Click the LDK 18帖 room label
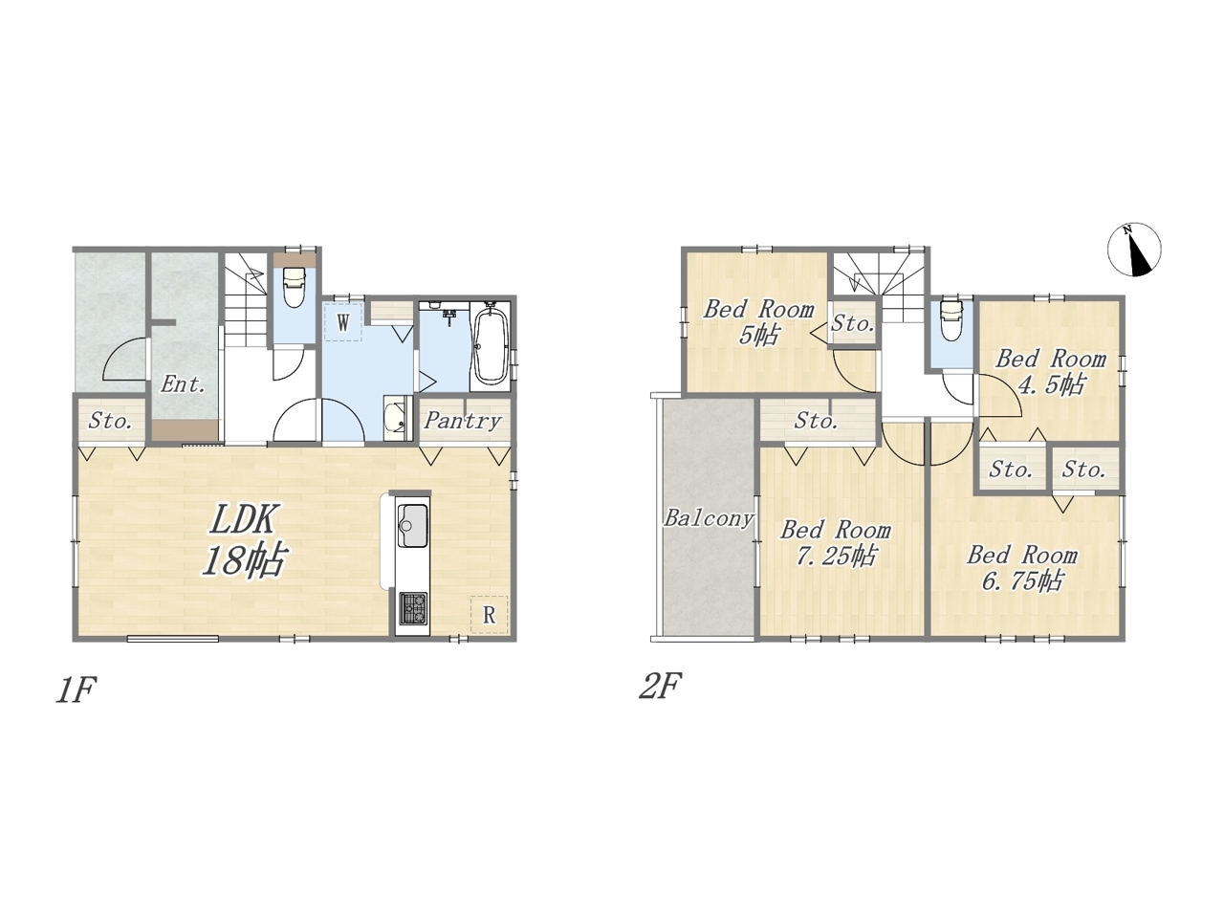244,539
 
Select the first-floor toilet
294,287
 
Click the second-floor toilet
951,320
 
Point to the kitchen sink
413,526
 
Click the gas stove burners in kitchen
413,609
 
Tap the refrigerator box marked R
489,615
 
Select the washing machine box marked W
343,321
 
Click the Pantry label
462,421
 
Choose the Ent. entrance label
183,384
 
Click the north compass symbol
1134,250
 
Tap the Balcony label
709,518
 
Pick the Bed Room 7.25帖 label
836,543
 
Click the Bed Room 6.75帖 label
1022,568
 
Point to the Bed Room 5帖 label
758,322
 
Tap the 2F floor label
660,686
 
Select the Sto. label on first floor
110,421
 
